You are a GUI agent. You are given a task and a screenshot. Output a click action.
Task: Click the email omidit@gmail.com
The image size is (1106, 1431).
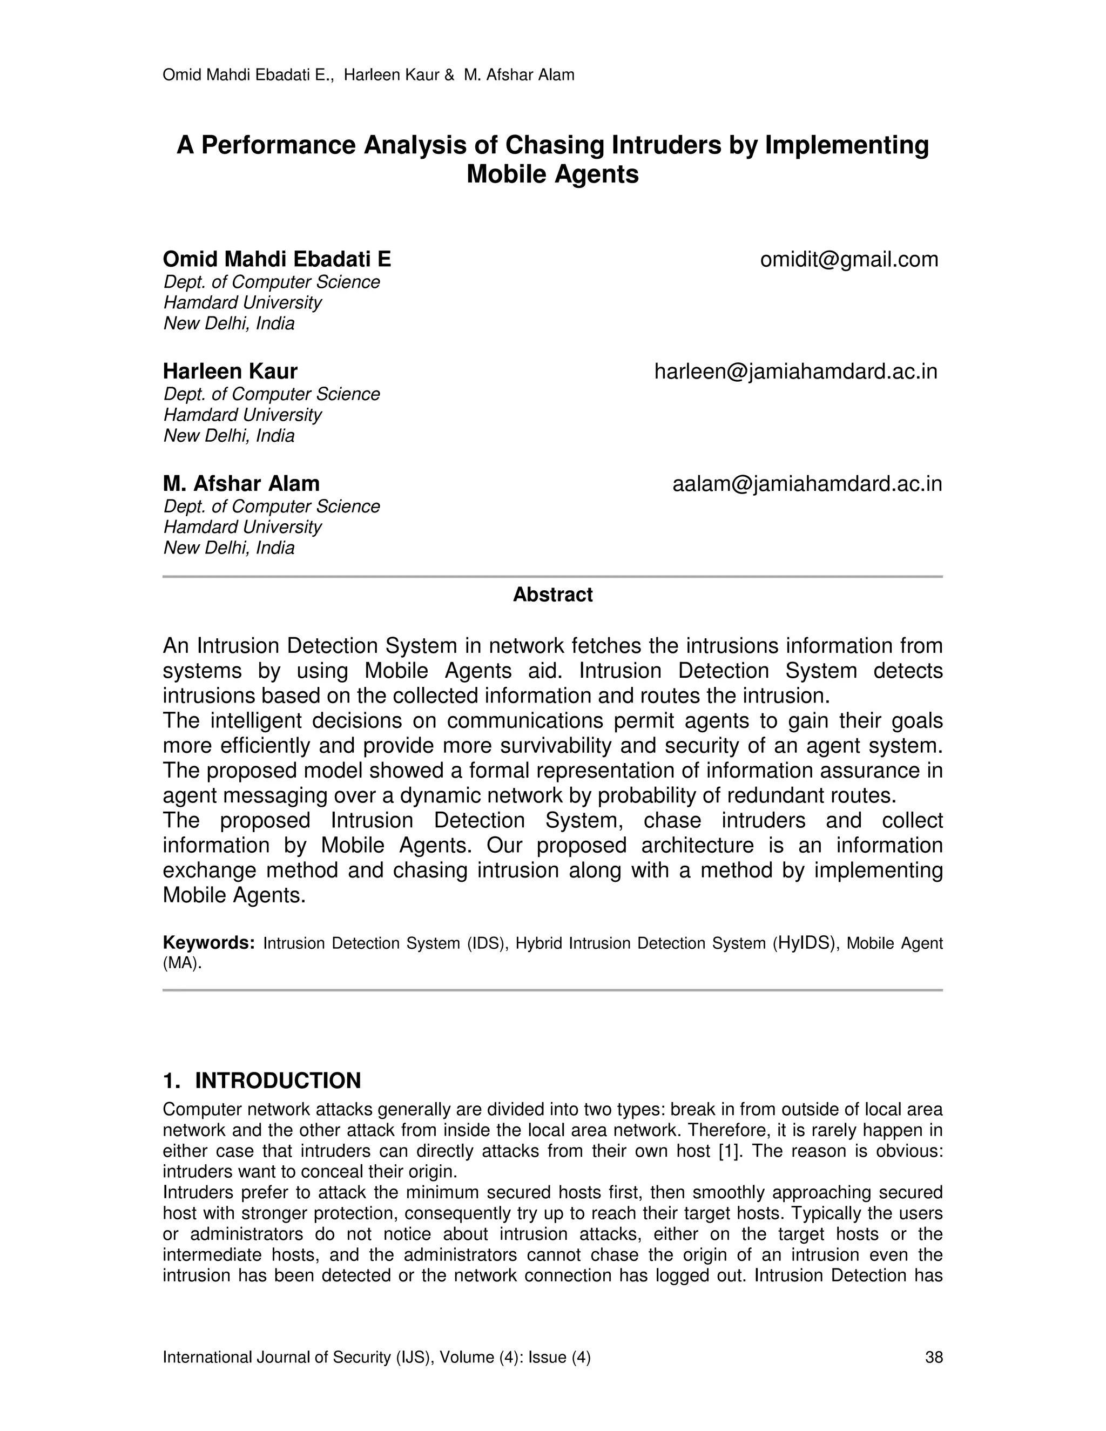[x=849, y=259]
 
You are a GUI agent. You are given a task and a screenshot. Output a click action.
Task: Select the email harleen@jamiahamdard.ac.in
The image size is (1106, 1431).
[x=795, y=372]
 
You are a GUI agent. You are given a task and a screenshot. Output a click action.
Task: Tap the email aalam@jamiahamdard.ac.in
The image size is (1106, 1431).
[x=807, y=484]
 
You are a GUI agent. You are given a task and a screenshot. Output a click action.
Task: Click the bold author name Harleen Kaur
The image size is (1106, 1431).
[x=230, y=372]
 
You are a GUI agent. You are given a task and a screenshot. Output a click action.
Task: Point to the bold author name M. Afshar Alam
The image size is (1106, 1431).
[x=241, y=484]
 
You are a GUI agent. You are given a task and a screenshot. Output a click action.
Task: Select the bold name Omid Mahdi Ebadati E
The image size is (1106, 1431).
[x=276, y=259]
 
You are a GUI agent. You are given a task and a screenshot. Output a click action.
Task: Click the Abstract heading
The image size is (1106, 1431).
[x=552, y=595]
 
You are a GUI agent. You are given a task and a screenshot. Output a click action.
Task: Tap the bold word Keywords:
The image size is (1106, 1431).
[x=208, y=943]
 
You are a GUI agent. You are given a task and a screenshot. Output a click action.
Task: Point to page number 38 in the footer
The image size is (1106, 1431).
[x=933, y=1357]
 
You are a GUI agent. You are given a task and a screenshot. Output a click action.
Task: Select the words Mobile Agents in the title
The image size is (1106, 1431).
[x=552, y=174]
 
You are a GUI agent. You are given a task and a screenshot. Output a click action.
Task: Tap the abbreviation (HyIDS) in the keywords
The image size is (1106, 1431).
[x=806, y=943]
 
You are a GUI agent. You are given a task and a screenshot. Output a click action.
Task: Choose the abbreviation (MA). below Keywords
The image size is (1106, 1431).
[x=182, y=964]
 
